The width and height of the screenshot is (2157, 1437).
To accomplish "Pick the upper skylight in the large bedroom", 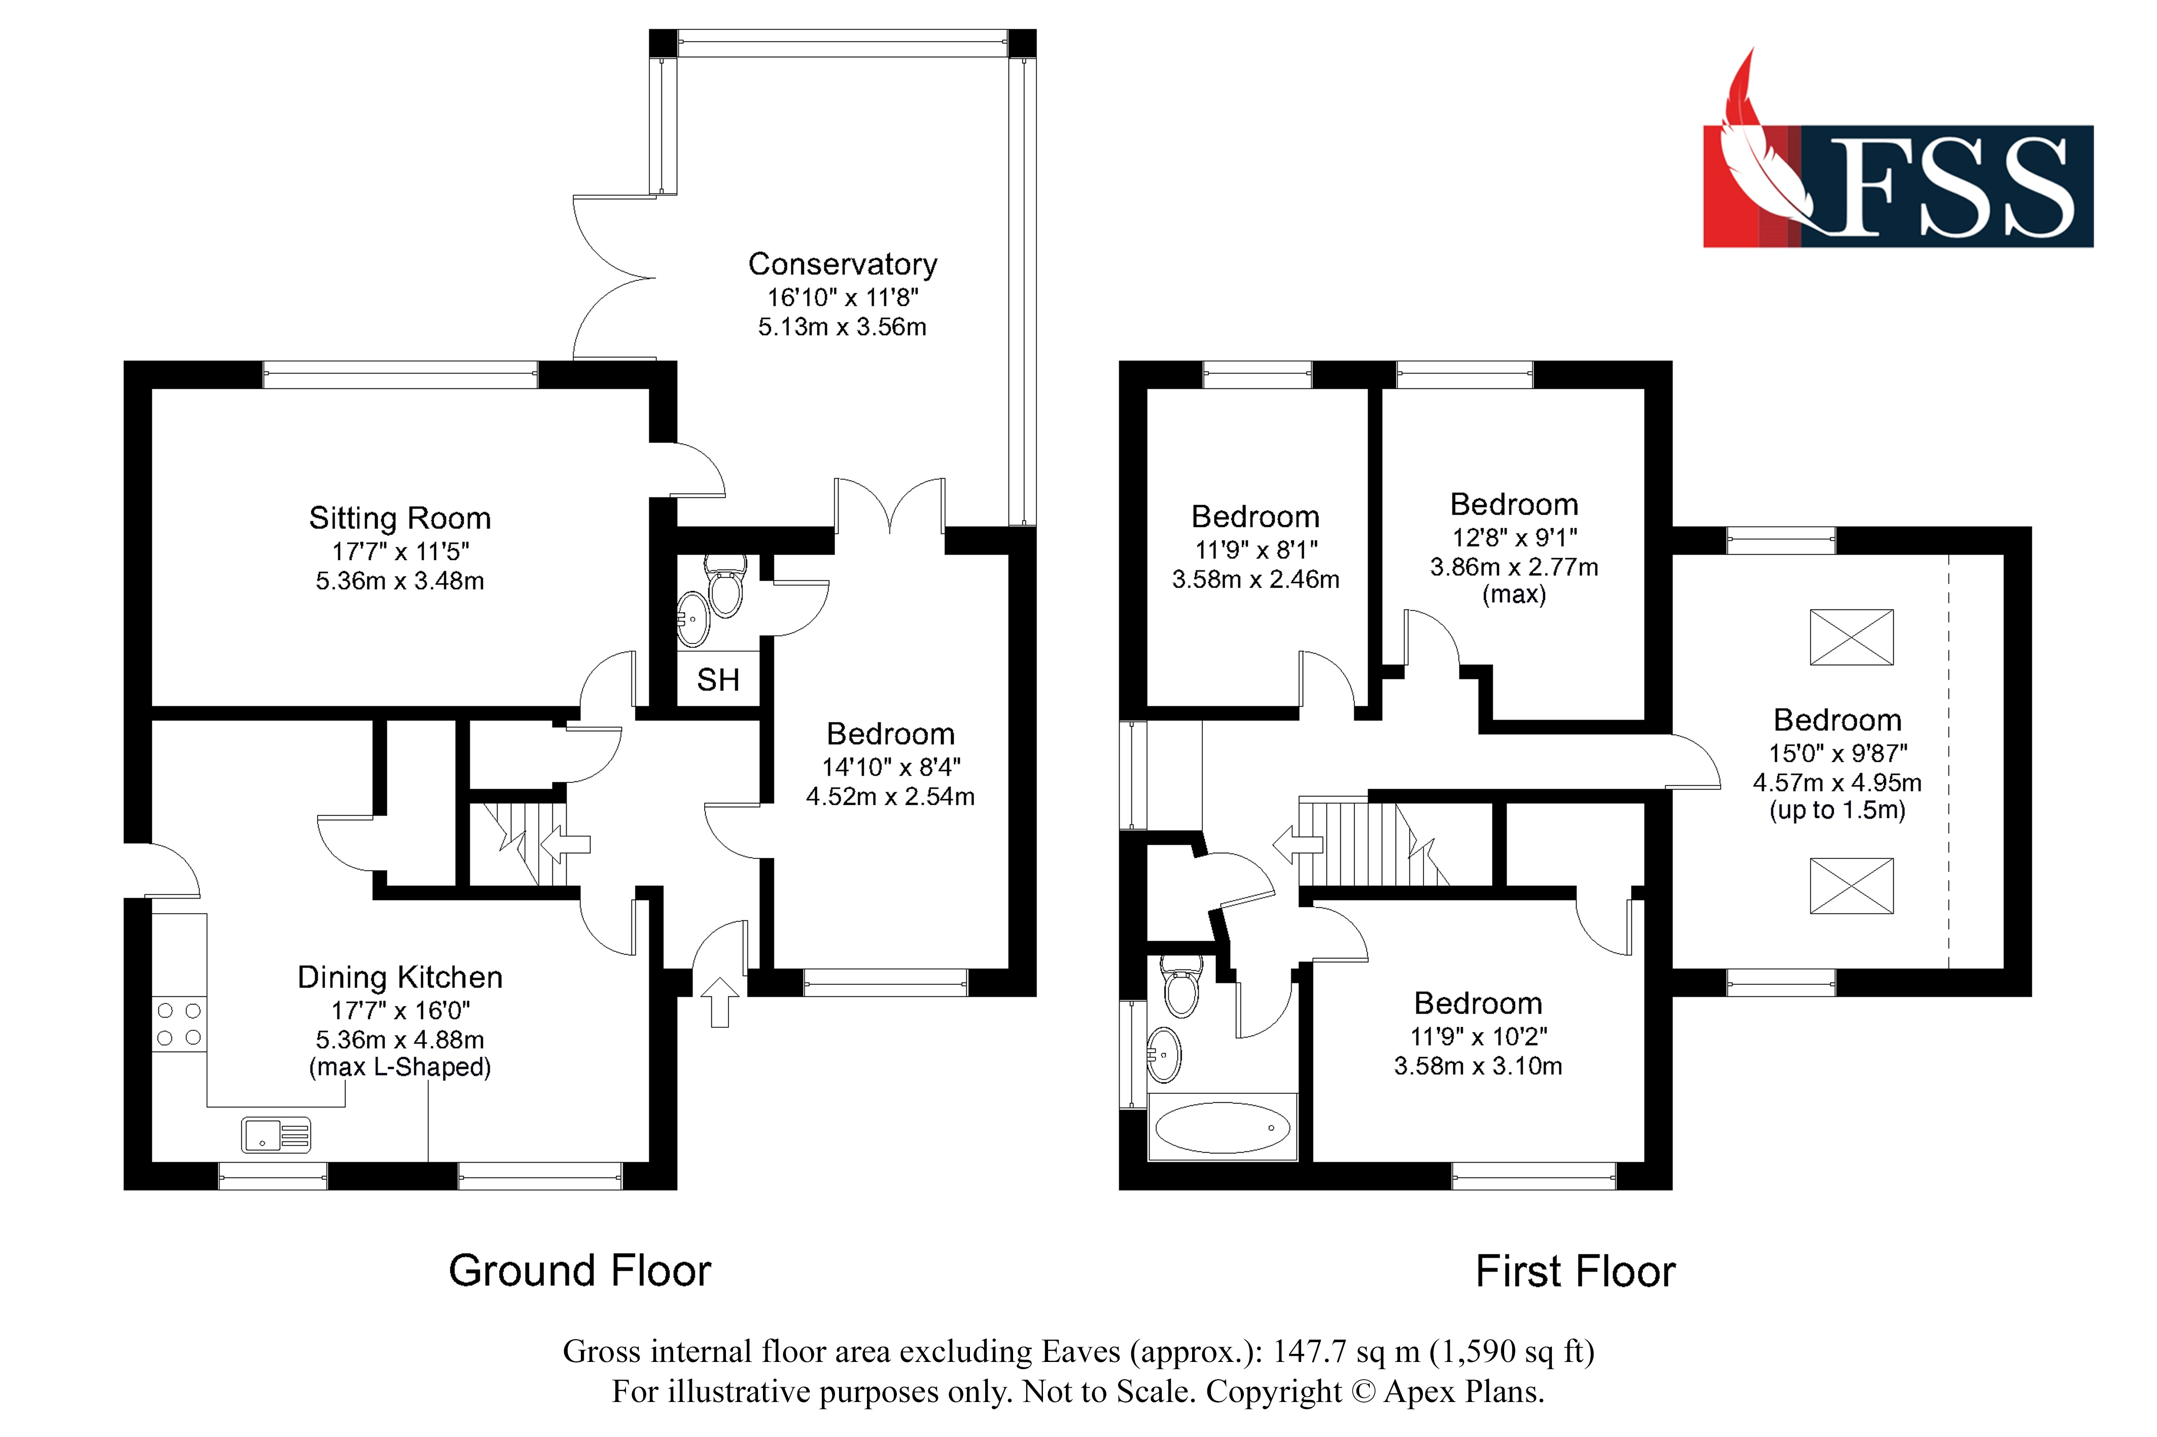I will click(1850, 637).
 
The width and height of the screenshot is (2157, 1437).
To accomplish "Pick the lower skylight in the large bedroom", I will click(1850, 885).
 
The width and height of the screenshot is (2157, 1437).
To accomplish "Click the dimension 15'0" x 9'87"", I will click(1837, 753).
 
